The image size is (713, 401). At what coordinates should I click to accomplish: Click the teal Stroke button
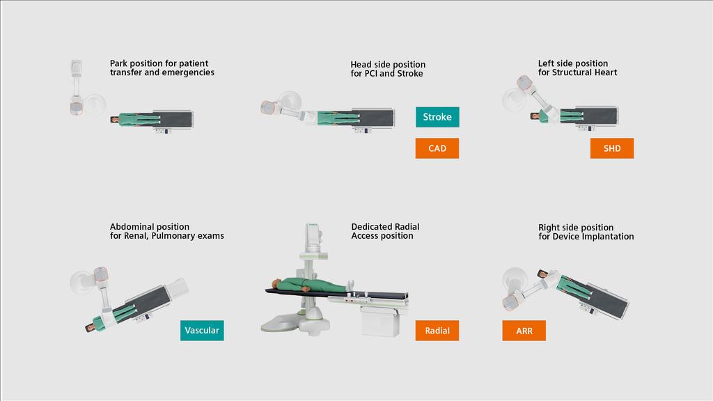pos(437,117)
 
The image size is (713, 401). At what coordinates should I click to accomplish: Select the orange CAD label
pos(437,148)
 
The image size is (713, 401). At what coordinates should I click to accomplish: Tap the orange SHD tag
pos(612,148)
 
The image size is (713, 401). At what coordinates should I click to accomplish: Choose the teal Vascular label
pos(202,331)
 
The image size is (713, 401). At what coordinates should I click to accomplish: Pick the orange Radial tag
pos(437,331)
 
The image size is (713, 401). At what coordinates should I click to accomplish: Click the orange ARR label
pos(524,331)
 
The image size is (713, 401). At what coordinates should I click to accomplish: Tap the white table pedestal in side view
pos(382,321)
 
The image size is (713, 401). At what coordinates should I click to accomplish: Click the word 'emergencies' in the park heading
pos(188,72)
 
